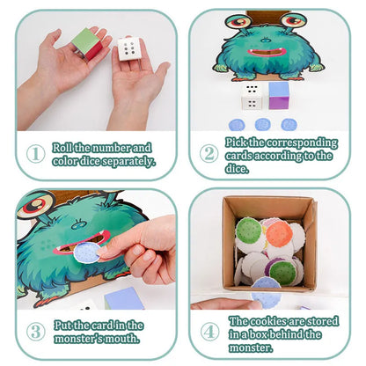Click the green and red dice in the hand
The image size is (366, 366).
[86, 44]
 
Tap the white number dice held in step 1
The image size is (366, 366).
[128, 49]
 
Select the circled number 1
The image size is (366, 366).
[36, 154]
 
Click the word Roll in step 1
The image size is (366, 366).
[62, 148]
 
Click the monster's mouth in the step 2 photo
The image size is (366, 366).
[267, 53]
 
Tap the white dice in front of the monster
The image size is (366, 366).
[253, 96]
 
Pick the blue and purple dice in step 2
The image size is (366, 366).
[279, 95]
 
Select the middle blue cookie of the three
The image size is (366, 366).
[262, 124]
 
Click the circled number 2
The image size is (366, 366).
[209, 153]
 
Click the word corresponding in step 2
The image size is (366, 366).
[302, 143]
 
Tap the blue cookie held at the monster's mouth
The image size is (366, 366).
[87, 253]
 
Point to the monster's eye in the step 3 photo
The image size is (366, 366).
[36, 205]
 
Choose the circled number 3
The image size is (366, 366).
[36, 332]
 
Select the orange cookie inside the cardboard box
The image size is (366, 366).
[279, 233]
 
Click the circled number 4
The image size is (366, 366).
[209, 332]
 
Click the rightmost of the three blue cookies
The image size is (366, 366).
[289, 125]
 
